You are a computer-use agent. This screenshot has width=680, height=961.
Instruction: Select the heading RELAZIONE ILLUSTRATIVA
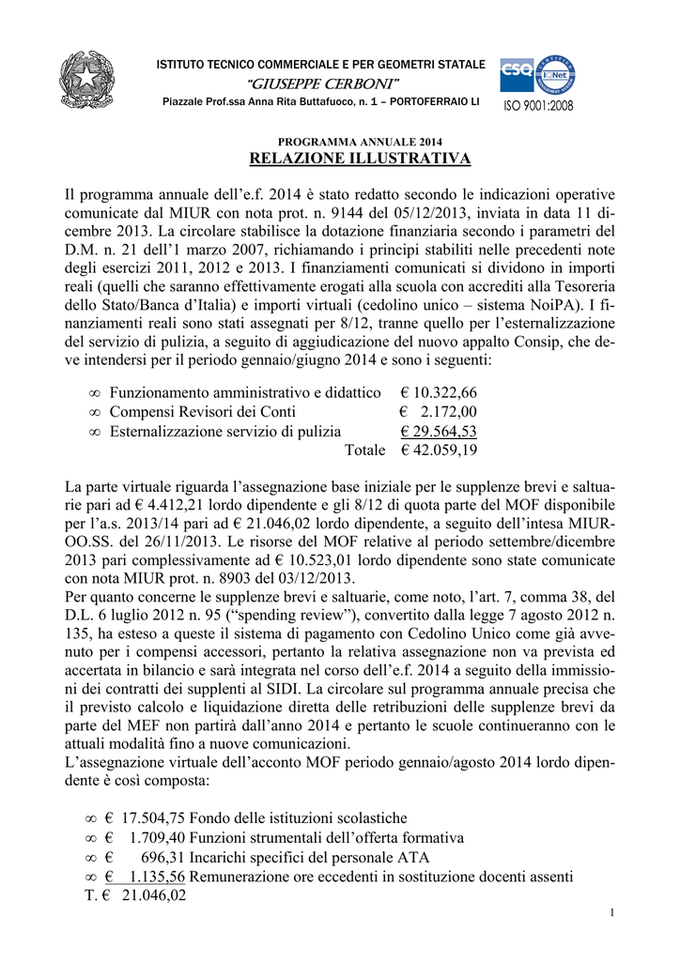tap(360, 159)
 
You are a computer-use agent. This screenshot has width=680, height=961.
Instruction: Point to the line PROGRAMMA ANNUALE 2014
tap(360, 141)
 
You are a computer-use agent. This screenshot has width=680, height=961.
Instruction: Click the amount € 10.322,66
tap(439, 391)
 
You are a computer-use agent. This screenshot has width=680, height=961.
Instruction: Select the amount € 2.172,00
tap(439, 411)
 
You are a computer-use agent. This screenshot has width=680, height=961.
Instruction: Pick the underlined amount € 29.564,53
tap(439, 431)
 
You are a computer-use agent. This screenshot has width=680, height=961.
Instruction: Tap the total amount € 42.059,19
tap(439, 450)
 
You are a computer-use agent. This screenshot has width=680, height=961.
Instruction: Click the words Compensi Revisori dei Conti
tap(203, 411)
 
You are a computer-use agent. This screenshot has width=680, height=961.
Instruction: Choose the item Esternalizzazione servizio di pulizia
tap(225, 431)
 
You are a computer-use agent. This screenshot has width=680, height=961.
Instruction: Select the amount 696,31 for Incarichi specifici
tap(164, 857)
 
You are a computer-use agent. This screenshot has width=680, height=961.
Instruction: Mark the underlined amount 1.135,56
tap(158, 877)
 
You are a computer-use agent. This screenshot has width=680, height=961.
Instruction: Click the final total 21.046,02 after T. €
tap(154, 895)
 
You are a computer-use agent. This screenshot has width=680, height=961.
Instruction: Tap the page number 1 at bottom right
tap(611, 915)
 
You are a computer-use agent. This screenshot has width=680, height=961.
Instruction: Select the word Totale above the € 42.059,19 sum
tap(365, 450)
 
